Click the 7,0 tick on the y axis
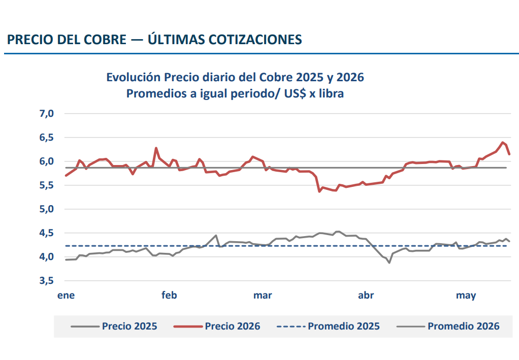pos(47,114)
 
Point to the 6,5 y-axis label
pos(47,137)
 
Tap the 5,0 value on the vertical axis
pos(47,209)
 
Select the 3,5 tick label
pos(47,281)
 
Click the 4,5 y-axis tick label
pos(47,233)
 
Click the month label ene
pos(66,295)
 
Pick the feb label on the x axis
pos(169,295)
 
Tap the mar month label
pos(263,295)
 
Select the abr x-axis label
pos(366,295)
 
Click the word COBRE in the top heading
pos(105,40)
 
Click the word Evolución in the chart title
pos(134,77)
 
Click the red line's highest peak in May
pos(502,142)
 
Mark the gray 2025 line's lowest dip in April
pos(390,263)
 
